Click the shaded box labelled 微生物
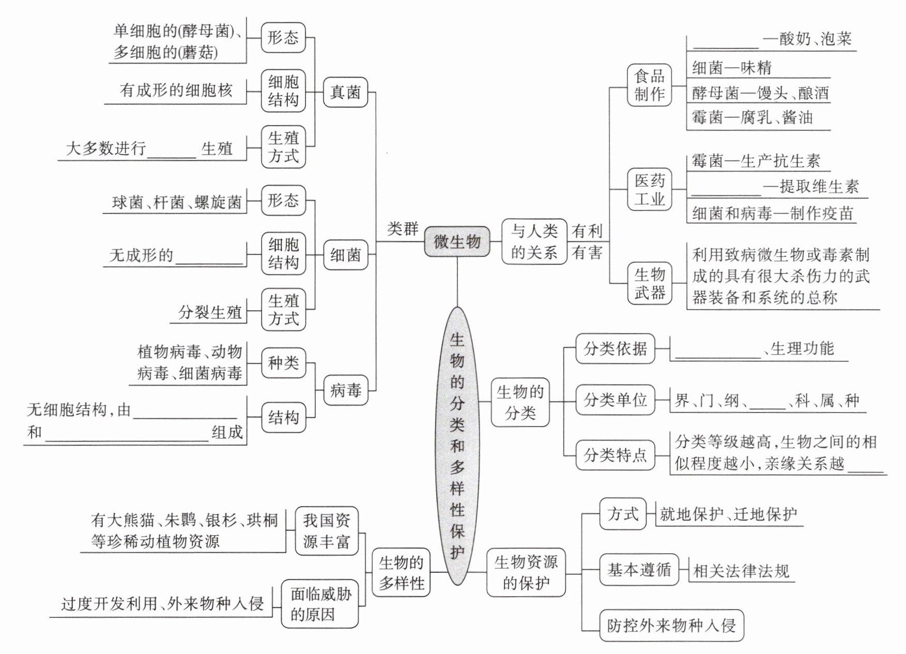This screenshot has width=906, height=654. click(457, 241)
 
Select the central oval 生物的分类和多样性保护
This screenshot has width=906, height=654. click(457, 446)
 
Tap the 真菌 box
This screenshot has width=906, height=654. click(345, 92)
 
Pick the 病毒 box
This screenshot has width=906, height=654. click(345, 390)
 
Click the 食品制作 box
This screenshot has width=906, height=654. click(649, 85)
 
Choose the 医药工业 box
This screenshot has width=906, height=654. click(649, 189)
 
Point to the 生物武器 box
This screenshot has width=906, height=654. click(649, 283)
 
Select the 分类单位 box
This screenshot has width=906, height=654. click(615, 400)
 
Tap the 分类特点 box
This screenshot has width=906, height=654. click(615, 455)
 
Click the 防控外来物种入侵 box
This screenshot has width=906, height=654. click(671, 626)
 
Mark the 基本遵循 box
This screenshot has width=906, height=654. click(639, 570)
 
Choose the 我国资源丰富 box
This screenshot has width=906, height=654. click(327, 531)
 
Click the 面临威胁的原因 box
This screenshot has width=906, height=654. click(320, 604)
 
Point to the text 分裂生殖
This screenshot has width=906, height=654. click(210, 312)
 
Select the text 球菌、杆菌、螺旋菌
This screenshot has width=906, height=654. click(177, 202)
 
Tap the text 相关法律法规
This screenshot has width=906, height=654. click(741, 571)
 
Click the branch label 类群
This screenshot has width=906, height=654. click(403, 229)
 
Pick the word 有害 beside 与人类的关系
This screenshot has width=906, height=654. click(587, 253)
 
